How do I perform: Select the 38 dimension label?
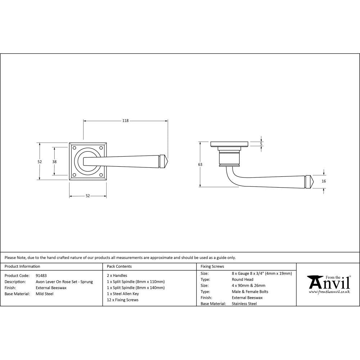pos(54,162)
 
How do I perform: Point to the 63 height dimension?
pos(200,165)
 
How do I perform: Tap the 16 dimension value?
pos(324,181)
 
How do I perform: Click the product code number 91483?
pos(41,275)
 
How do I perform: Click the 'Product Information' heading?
pos(22,267)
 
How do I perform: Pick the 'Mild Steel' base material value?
pos(45,294)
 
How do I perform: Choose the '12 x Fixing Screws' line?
pos(123,300)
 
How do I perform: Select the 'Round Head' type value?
pos(243,279)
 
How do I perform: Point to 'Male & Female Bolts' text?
pos(250,292)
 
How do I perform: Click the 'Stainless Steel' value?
pos(244,304)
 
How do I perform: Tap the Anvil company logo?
pos(328,283)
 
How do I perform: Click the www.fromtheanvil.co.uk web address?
pos(329,292)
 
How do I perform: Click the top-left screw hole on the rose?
pos(75,148)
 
